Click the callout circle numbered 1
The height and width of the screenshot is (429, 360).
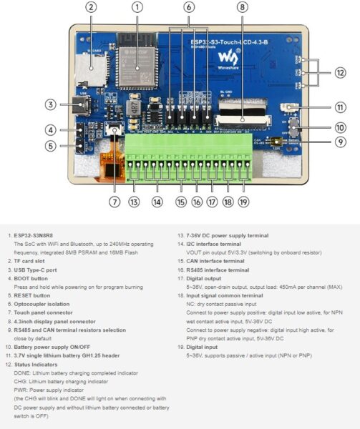click(x=137, y=7)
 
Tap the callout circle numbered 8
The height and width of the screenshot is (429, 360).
click(x=243, y=7)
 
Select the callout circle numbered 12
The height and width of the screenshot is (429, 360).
click(x=341, y=72)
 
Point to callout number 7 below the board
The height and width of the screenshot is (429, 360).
click(x=115, y=202)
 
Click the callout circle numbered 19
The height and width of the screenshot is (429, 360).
click(x=243, y=202)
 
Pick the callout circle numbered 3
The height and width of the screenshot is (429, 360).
click(x=50, y=104)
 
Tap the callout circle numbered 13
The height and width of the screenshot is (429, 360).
click(x=134, y=202)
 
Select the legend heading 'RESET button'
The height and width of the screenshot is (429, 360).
click(x=33, y=295)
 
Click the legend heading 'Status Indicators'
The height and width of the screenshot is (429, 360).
click(x=36, y=365)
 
